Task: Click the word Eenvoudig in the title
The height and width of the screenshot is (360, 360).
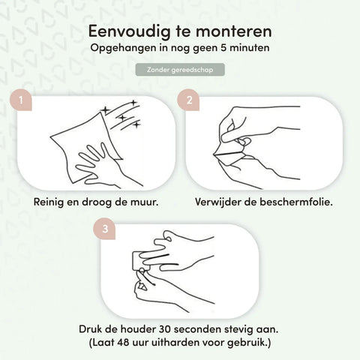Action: point(129,31)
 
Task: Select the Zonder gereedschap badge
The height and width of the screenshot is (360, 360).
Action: point(180,70)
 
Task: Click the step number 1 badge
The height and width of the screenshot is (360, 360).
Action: point(21,100)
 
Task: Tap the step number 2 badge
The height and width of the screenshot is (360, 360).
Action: point(188,100)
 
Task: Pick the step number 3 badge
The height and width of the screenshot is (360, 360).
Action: point(104,229)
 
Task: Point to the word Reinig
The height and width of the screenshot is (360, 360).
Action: point(49,202)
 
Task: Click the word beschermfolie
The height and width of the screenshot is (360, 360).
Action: point(296,202)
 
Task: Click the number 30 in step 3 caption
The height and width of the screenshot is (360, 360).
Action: point(166,329)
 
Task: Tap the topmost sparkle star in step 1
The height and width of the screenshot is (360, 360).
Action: point(133,103)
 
